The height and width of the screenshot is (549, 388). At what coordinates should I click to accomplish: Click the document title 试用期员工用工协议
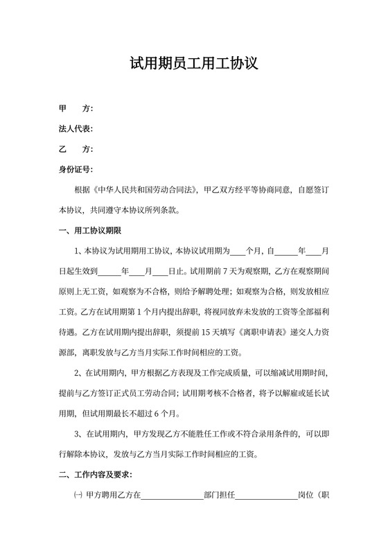pyautogui.click(x=194, y=64)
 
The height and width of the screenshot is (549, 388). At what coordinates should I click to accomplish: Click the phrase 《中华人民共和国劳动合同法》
pyautogui.click(x=145, y=189)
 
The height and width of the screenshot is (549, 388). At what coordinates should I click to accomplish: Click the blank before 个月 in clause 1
pyautogui.click(x=237, y=251)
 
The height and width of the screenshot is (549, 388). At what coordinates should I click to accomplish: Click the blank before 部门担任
pyautogui.click(x=172, y=496)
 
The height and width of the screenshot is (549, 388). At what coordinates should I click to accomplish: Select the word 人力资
pyautogui.click(x=316, y=332)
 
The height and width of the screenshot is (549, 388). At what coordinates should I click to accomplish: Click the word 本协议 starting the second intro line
pyautogui.click(x=71, y=210)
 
